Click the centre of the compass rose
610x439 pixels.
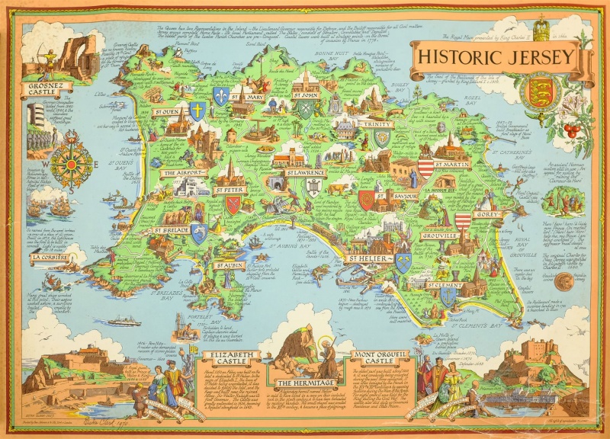72,161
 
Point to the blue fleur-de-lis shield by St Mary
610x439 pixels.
221,96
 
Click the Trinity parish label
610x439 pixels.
379,124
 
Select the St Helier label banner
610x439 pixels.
370,259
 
